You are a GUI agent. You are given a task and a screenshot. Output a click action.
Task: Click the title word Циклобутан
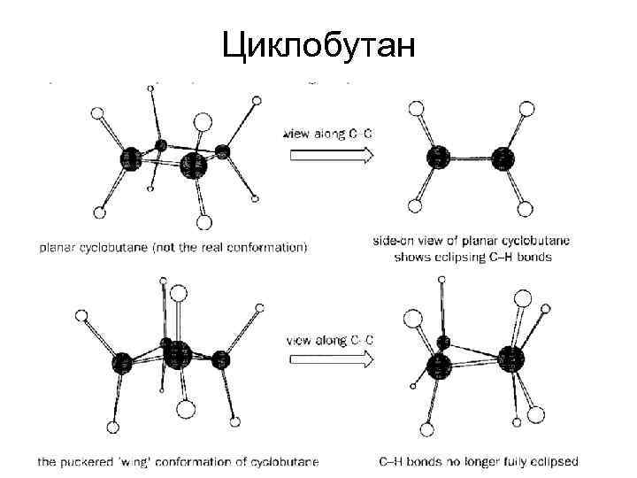318,43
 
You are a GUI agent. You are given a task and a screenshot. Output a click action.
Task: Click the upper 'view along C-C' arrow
328,155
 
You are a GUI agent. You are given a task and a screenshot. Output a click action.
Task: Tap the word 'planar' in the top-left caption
55,248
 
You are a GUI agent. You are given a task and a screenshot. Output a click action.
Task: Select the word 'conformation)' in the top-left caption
271,248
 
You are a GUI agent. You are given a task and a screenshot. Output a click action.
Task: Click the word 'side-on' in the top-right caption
393,240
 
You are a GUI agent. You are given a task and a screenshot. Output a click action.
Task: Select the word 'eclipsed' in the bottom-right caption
554,461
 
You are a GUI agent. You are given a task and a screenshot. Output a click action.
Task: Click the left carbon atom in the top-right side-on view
437,158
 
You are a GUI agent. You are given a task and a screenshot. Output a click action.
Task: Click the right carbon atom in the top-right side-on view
503,158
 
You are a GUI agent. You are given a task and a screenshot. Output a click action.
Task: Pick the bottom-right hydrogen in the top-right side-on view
526,210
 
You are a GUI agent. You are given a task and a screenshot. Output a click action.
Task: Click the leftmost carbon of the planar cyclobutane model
130,159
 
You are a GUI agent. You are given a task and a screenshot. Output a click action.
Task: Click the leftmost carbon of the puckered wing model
123,361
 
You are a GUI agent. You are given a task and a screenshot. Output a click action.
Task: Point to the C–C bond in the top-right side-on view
470,158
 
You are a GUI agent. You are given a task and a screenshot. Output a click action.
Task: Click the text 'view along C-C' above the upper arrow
328,135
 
